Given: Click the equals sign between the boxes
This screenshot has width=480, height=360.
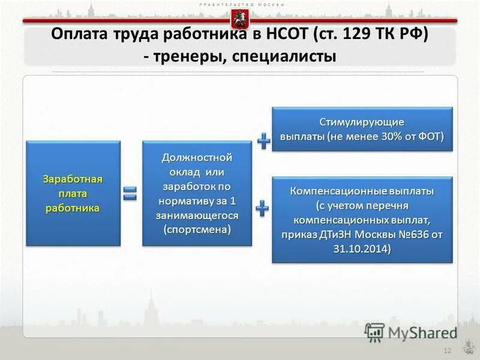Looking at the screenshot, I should [x=130, y=193].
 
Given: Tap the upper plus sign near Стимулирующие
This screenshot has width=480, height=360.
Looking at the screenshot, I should [x=263, y=141].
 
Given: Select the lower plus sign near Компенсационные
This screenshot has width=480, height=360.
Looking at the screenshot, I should [x=263, y=208].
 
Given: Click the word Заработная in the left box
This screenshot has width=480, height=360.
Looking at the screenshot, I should [x=73, y=179].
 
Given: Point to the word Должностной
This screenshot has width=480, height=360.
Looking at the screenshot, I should [x=197, y=158].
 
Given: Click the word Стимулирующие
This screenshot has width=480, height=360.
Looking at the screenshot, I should [x=362, y=122].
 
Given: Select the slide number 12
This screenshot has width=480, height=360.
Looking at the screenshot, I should [x=446, y=350].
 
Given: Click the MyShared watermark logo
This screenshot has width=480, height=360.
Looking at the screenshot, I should [x=410, y=332].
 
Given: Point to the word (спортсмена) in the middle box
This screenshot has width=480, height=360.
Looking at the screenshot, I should [x=197, y=230].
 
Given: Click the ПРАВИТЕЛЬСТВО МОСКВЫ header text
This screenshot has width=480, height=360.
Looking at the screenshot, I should [x=240, y=4].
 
